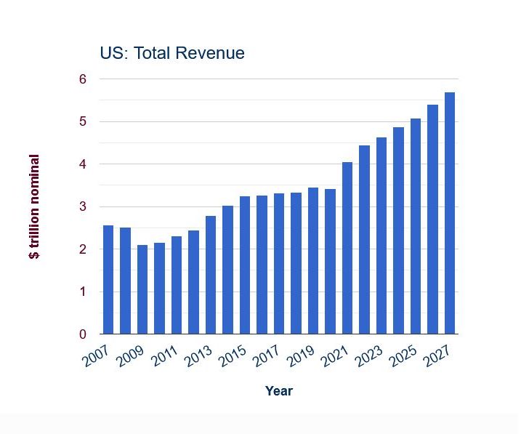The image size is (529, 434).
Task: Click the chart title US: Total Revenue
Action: pos(172,53)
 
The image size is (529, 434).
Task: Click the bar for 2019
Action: pos(313,261)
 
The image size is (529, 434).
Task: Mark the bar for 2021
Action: pos(347,248)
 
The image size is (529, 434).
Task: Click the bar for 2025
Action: pos(416,226)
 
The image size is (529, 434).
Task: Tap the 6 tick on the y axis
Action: pos(83,79)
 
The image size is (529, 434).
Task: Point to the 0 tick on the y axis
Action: pos(83,334)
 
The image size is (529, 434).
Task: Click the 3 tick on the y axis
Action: pos(83,207)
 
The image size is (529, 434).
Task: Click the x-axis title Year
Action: pos(279,391)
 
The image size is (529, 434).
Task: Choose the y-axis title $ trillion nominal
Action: pos(35,207)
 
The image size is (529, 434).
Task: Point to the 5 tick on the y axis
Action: pos(83,121)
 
